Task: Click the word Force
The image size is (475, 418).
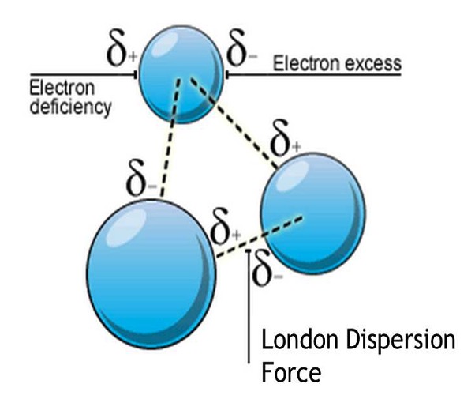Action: pyautogui.click(x=291, y=371)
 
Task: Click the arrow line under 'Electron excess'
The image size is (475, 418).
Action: pyautogui.click(x=316, y=75)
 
